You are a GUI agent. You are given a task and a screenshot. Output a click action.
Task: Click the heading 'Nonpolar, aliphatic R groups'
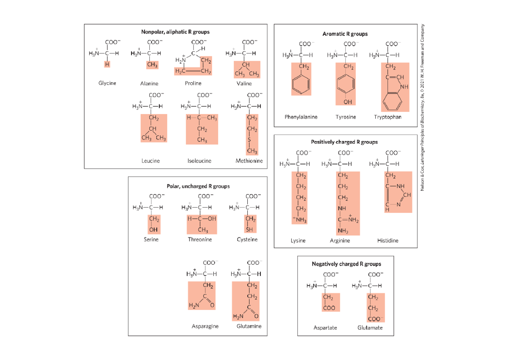(175, 32)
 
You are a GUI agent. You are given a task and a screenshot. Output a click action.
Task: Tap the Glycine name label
(107, 83)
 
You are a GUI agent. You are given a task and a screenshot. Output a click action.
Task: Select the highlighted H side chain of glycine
(107, 64)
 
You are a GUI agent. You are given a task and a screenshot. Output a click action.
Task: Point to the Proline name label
(193, 84)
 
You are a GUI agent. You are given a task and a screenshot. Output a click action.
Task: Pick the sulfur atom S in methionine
(249, 140)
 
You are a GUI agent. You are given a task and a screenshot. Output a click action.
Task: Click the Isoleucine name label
(199, 161)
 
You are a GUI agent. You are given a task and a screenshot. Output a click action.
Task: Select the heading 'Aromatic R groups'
(345, 33)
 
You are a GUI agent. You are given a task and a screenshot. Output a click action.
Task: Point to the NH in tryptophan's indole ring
(403, 87)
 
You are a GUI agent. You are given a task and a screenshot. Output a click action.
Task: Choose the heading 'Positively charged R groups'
(344, 142)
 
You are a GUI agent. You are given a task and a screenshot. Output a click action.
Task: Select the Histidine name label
(388, 240)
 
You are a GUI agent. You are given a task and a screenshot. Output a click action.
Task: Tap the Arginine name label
(340, 240)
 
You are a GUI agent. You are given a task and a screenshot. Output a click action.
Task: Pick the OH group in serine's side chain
(154, 229)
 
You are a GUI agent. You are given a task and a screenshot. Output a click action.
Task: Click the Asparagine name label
(205, 326)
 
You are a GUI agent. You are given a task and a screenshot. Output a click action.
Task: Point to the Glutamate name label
(370, 328)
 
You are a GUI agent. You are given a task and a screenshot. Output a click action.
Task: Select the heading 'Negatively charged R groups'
(346, 264)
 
